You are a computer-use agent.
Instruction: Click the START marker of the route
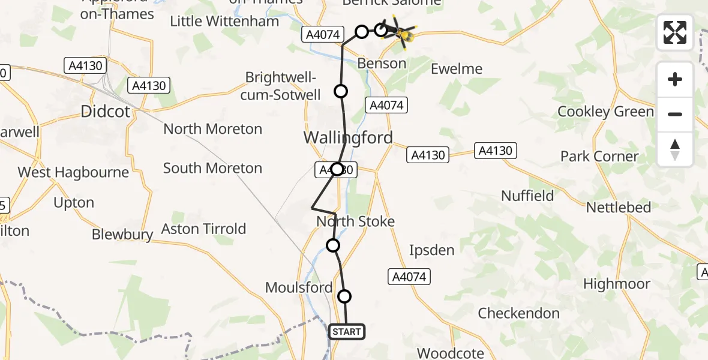pyautogui.click(x=346, y=332)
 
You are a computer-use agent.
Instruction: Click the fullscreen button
pyautogui.click(x=675, y=32)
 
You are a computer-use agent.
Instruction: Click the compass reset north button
pyautogui.click(x=675, y=149)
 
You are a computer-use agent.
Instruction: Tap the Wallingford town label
pyautogui.click(x=348, y=137)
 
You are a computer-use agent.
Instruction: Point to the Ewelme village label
pyautogui.click(x=457, y=69)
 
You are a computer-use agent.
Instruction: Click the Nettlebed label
pyautogui.click(x=619, y=208)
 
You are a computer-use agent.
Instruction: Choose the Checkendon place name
pyautogui.click(x=518, y=313)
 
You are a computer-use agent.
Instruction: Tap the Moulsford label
pyautogui.click(x=299, y=288)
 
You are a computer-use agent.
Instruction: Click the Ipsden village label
pyautogui.click(x=431, y=250)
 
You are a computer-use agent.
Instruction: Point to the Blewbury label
pyautogui.click(x=122, y=235)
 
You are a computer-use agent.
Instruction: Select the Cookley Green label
pyautogui.click(x=605, y=112)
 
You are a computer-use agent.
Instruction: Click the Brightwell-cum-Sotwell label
pyautogui.click(x=281, y=86)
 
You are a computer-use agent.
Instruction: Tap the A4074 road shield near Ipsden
pyautogui.click(x=410, y=277)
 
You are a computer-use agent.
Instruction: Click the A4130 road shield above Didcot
pyautogui.click(x=85, y=65)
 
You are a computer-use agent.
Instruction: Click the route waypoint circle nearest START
pyautogui.click(x=344, y=296)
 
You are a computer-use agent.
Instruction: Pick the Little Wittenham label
pyautogui.click(x=224, y=22)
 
